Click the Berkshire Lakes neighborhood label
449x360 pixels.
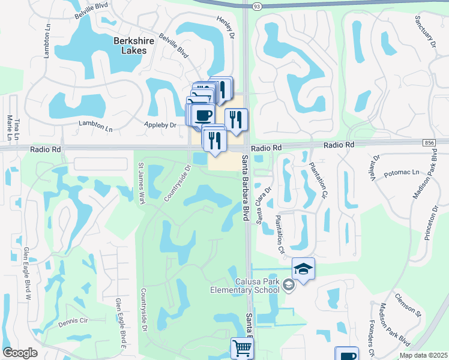[x=130, y=46]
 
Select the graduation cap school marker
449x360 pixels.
[x=304, y=269]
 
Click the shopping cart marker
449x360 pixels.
[x=241, y=347]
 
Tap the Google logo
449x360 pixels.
[x=20, y=352]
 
